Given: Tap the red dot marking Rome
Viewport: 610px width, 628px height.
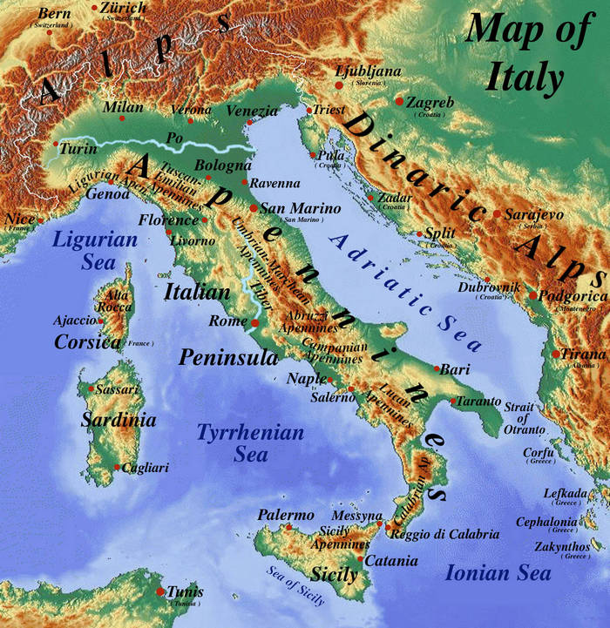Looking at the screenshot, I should coord(254,323).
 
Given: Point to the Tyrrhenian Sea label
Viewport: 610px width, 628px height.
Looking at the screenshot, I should coord(250,442).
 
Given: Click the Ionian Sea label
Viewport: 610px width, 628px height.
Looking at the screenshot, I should coord(498,572).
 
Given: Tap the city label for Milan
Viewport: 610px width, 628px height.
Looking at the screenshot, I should coord(123,107).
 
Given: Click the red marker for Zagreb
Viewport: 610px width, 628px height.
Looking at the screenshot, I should coord(399,102).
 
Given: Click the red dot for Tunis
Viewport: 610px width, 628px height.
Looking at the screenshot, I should coord(160,592).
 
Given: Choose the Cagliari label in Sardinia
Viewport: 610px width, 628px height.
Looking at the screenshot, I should coord(146,468).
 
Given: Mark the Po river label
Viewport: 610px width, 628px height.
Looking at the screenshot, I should coord(174,137).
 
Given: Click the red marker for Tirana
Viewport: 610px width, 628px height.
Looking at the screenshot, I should coord(555,354).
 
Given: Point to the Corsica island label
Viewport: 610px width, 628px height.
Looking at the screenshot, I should coord(87,342).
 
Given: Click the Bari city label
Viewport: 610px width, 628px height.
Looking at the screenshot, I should coord(455,370).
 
